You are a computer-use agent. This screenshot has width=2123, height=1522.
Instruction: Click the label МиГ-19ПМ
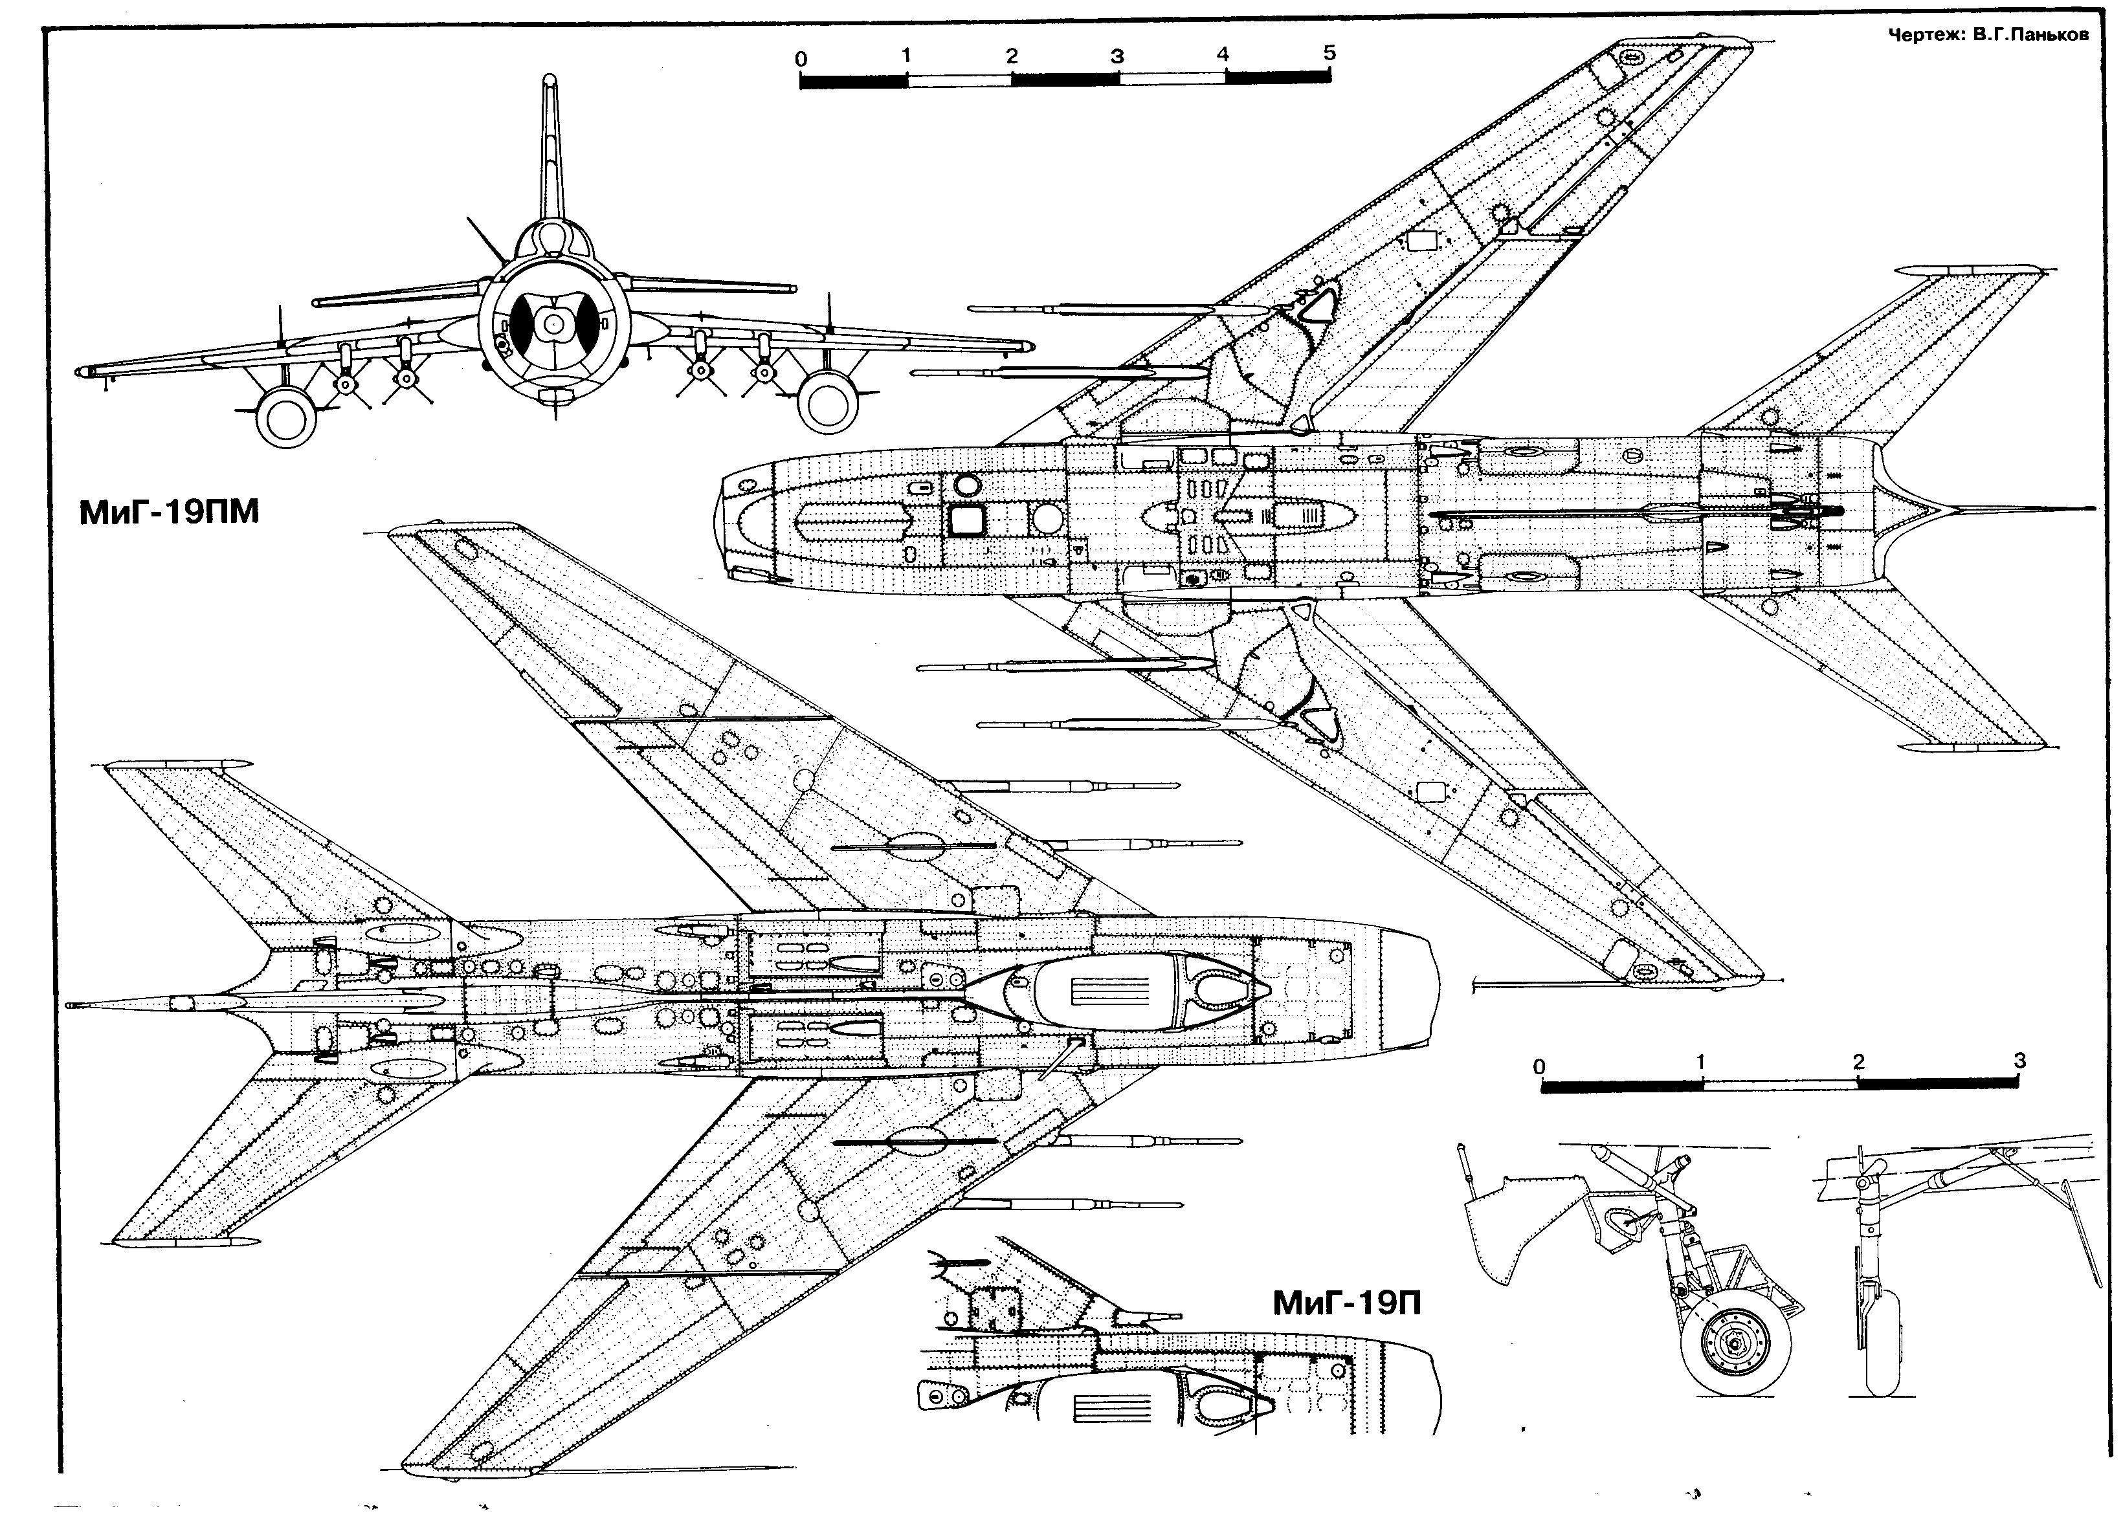[x=168, y=512]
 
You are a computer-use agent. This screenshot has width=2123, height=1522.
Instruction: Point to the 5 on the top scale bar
[x=1329, y=52]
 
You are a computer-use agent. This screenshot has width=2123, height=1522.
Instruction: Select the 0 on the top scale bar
[x=801, y=59]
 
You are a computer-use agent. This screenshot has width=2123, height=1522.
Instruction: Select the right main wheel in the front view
[x=827, y=401]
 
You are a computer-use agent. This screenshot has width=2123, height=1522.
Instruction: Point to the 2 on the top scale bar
[x=1012, y=55]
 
